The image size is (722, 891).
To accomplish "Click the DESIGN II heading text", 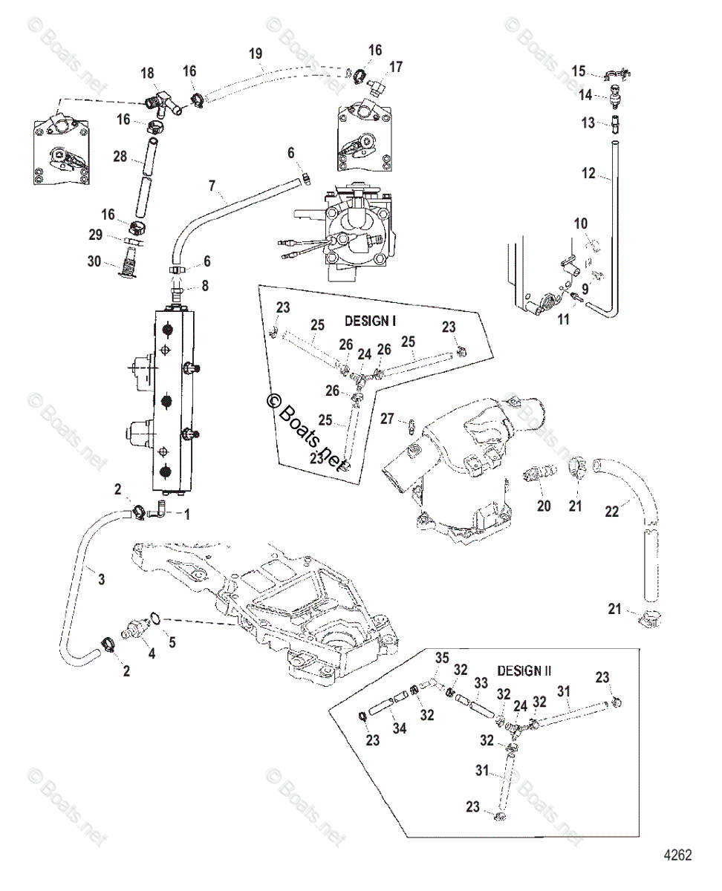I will (x=524, y=670).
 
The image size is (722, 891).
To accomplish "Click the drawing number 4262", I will (x=677, y=855).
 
